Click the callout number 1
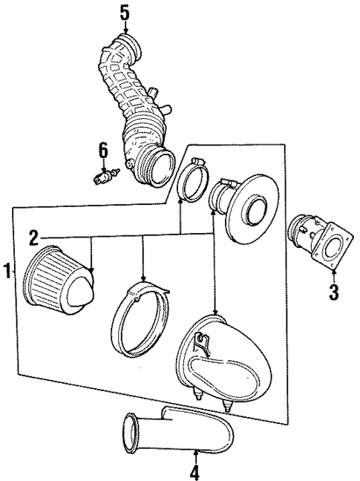tap(7, 270)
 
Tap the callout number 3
tap(333, 291)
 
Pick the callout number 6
tap(103, 151)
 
